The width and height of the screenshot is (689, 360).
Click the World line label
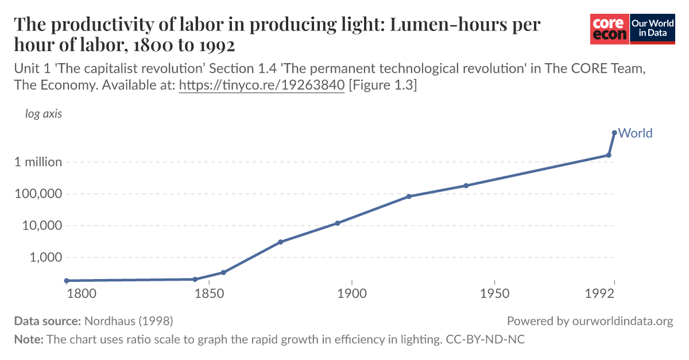coord(635,133)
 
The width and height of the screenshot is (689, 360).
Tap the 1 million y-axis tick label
coord(38,162)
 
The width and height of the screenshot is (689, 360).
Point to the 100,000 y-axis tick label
coord(38,194)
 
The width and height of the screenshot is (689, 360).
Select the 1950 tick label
coord(494,294)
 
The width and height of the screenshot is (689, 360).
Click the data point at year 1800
coord(67,281)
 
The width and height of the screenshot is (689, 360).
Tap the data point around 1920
coord(409,196)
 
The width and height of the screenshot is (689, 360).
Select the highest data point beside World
coord(614,133)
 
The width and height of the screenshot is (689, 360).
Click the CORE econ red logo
coord(610,28)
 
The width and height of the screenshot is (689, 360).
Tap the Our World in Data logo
coord(652,28)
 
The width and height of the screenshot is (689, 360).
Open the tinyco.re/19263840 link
coord(262,85)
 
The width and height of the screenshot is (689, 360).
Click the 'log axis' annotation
coord(44,114)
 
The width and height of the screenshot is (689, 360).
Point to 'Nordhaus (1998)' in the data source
coord(129,321)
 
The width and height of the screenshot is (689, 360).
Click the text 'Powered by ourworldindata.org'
coord(590,321)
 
